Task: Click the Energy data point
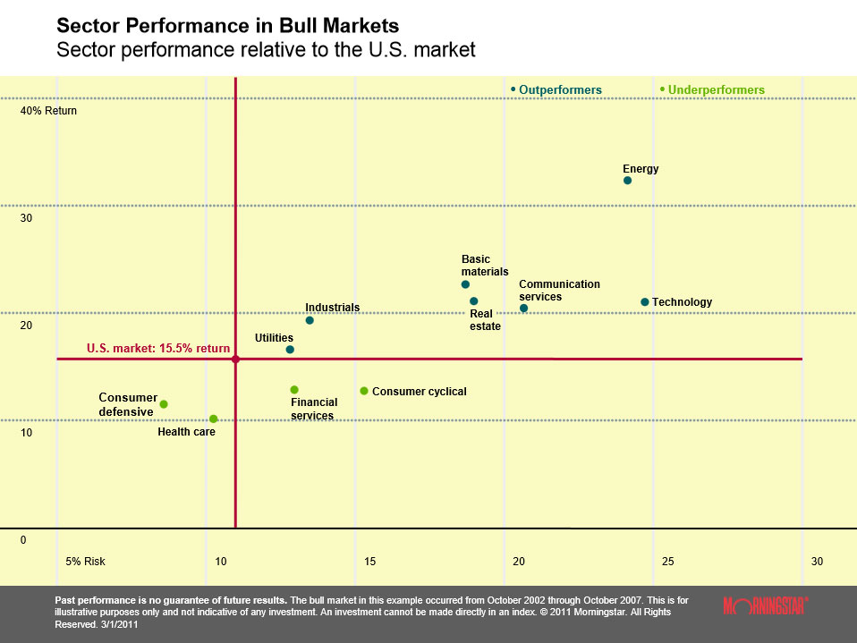point(627,181)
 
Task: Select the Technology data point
point(644,302)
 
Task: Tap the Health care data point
point(213,419)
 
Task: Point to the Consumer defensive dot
point(164,404)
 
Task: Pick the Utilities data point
point(290,350)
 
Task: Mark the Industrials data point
point(310,320)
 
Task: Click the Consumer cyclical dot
point(364,391)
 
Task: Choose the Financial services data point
point(294,390)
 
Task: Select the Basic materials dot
point(465,284)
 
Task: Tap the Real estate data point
point(474,301)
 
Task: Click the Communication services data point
point(523,309)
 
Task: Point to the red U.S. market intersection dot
point(235,360)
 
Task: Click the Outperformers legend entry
point(556,90)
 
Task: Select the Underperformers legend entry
point(713,90)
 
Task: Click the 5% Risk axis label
point(86,562)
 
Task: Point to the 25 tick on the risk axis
point(667,562)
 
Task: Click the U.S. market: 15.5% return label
point(158,349)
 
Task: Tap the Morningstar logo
point(765,605)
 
